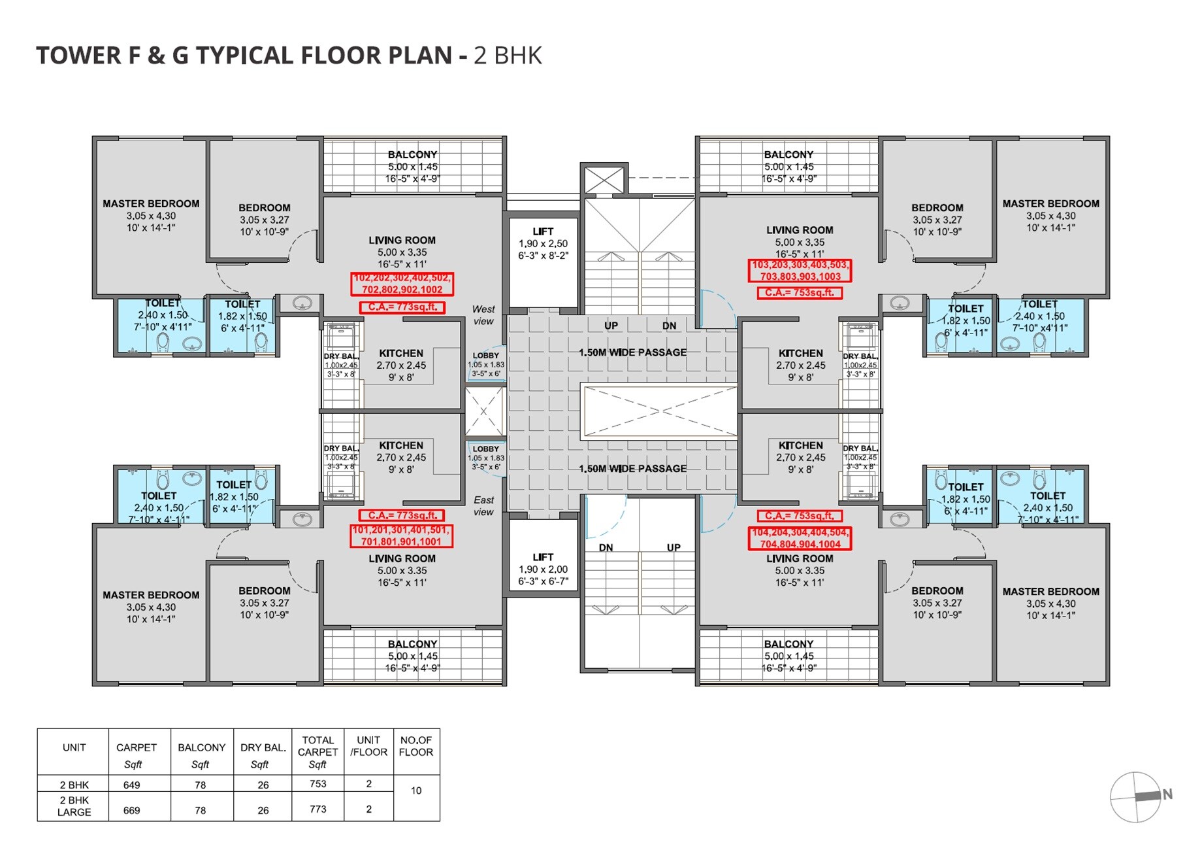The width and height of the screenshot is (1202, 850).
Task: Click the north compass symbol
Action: click(x=1137, y=796)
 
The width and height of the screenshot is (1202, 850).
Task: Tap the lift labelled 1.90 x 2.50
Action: click(x=543, y=243)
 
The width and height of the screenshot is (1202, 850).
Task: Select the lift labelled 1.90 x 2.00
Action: click(x=543, y=569)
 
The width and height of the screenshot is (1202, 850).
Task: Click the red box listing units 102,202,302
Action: click(x=402, y=284)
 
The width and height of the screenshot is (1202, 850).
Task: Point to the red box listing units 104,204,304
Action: click(x=800, y=538)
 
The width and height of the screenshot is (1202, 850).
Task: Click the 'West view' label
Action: click(x=483, y=314)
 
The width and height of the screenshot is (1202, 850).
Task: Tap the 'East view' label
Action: click(x=483, y=505)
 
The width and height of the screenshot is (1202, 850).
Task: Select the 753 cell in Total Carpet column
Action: click(x=317, y=783)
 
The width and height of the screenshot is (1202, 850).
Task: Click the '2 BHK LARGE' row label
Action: click(x=74, y=806)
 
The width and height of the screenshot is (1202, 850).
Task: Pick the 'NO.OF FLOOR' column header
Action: click(x=416, y=746)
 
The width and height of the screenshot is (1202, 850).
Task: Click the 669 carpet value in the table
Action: click(x=131, y=810)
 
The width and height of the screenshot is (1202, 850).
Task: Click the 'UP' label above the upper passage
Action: click(x=611, y=326)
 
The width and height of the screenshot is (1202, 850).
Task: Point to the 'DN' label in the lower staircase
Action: click(x=606, y=547)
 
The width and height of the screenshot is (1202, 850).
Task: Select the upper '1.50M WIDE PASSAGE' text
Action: click(x=632, y=352)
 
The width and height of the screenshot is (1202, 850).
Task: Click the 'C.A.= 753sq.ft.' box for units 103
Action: click(x=800, y=293)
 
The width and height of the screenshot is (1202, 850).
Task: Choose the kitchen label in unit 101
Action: click(x=401, y=445)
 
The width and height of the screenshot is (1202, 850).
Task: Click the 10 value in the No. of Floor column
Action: click(x=416, y=790)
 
